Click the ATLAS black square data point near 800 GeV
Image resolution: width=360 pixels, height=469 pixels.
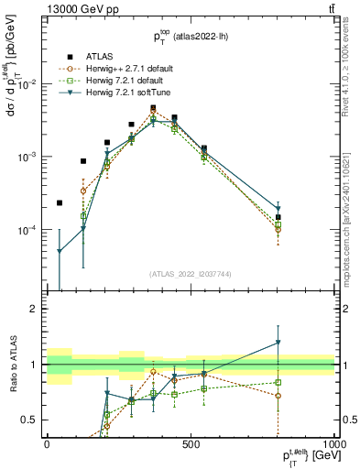pyautogui.click(x=278, y=217)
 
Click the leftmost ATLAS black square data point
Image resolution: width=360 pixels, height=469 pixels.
pyautogui.click(x=60, y=202)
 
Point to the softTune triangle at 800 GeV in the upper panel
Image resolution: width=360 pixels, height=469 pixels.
pyautogui.click(x=278, y=210)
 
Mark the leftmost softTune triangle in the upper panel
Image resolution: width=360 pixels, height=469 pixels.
pyautogui.click(x=60, y=251)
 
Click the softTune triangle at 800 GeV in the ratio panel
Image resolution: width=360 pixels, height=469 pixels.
pyautogui.click(x=278, y=343)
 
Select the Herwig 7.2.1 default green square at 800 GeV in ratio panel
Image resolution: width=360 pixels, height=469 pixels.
pyautogui.click(x=278, y=382)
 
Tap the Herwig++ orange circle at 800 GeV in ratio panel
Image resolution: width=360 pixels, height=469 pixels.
pyautogui.click(x=278, y=396)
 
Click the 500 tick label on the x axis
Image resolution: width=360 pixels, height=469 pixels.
pyautogui.click(x=191, y=443)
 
